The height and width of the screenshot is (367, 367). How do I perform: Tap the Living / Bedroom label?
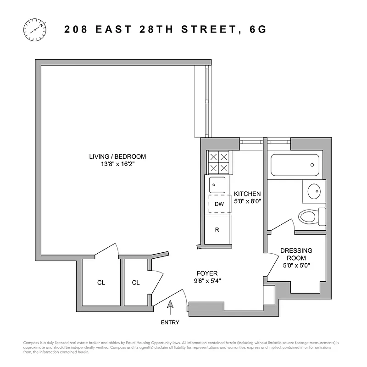coord(117,156)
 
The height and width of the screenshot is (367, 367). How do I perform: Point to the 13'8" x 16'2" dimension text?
coord(117,164)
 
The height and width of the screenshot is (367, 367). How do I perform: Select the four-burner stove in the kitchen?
coord(219,162)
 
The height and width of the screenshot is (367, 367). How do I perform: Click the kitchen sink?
coord(217,185)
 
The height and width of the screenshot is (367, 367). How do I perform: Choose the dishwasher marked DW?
coord(219,204)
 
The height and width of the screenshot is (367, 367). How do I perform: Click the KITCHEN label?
coord(247,194)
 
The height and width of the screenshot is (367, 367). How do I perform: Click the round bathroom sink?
coord(314,191)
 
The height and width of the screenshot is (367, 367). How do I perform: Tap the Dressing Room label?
coord(296,254)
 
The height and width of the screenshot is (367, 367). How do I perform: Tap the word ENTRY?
coord(170,323)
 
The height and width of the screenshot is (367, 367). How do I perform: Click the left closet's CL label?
coord(101,283)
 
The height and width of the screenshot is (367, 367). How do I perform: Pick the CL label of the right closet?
coord(136,283)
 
